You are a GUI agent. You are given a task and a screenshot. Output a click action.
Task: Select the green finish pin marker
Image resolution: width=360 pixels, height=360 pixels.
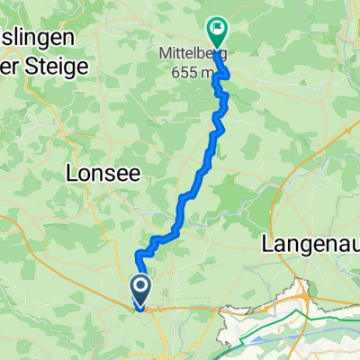pos(217,32)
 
